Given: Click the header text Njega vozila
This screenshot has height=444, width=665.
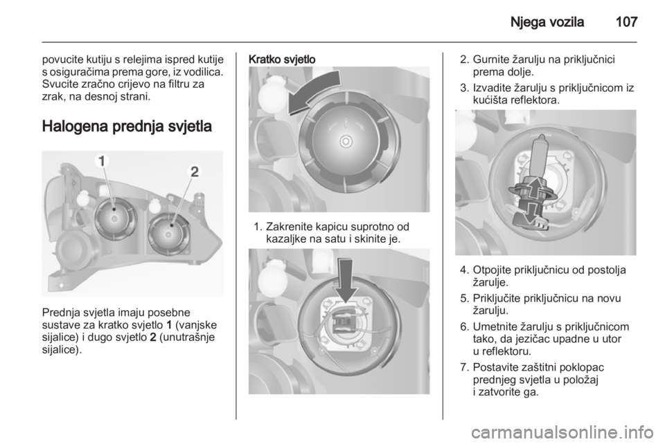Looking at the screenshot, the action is pos(547,22).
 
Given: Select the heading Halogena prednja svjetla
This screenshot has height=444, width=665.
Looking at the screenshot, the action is pos(127,127).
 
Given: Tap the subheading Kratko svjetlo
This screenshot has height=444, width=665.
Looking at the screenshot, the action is pos(282,59).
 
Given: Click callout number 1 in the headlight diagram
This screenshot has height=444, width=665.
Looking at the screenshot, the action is pos(102,161).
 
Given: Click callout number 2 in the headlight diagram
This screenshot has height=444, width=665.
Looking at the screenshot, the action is pos(194,172).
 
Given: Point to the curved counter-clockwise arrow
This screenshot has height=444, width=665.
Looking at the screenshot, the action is pos(313,92).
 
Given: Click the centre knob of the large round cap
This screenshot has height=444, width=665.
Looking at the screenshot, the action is pos(346,140).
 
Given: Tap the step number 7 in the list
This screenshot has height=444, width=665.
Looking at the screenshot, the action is pos(464,367).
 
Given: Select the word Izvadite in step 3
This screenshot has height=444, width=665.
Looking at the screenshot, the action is pos(491,88).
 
